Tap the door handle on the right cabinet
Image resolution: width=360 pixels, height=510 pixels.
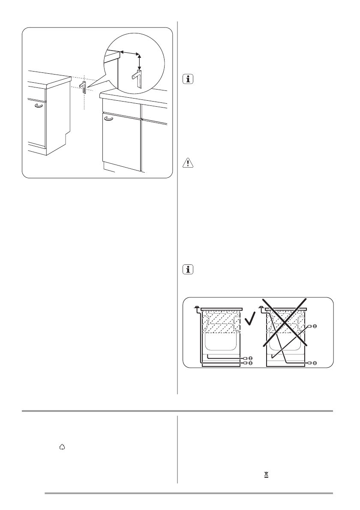(109, 120)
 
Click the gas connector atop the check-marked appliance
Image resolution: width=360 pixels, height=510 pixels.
(196, 307)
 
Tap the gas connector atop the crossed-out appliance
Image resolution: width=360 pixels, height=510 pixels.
(261, 307)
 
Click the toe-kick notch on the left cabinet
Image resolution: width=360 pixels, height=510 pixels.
(66, 138)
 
